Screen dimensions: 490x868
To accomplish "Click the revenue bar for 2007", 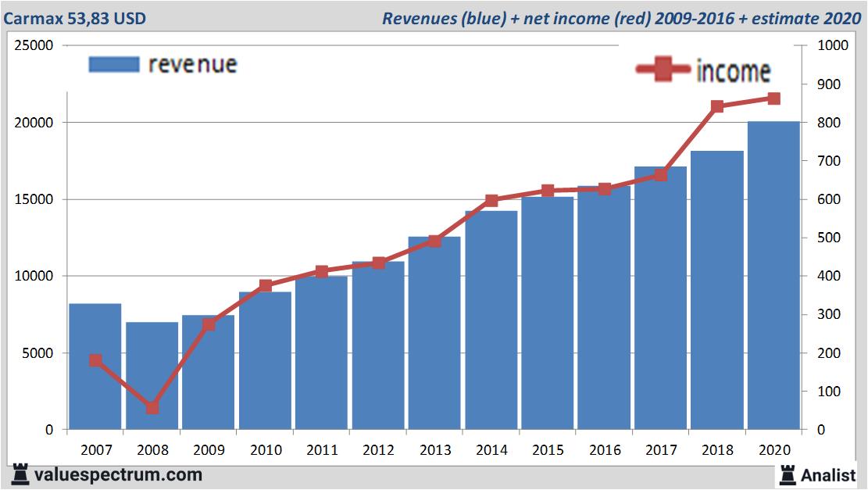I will [95, 367].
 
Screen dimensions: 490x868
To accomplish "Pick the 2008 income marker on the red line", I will [152, 408].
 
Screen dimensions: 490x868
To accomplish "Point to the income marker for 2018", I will [717, 107].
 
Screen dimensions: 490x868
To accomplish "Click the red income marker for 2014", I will [491, 201].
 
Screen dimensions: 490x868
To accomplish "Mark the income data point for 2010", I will [266, 286].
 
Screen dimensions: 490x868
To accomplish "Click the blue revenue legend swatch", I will [114, 64].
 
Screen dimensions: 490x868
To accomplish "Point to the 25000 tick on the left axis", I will [34, 45].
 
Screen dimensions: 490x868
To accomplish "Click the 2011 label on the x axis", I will [322, 450].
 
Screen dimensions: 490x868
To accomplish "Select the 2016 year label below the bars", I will [605, 450].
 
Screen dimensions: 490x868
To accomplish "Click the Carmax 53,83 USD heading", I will [74, 18].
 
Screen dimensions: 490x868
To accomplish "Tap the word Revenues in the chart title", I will [419, 18].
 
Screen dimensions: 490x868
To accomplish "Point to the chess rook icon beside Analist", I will [787, 474].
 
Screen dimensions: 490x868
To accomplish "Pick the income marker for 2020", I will [773, 98].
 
